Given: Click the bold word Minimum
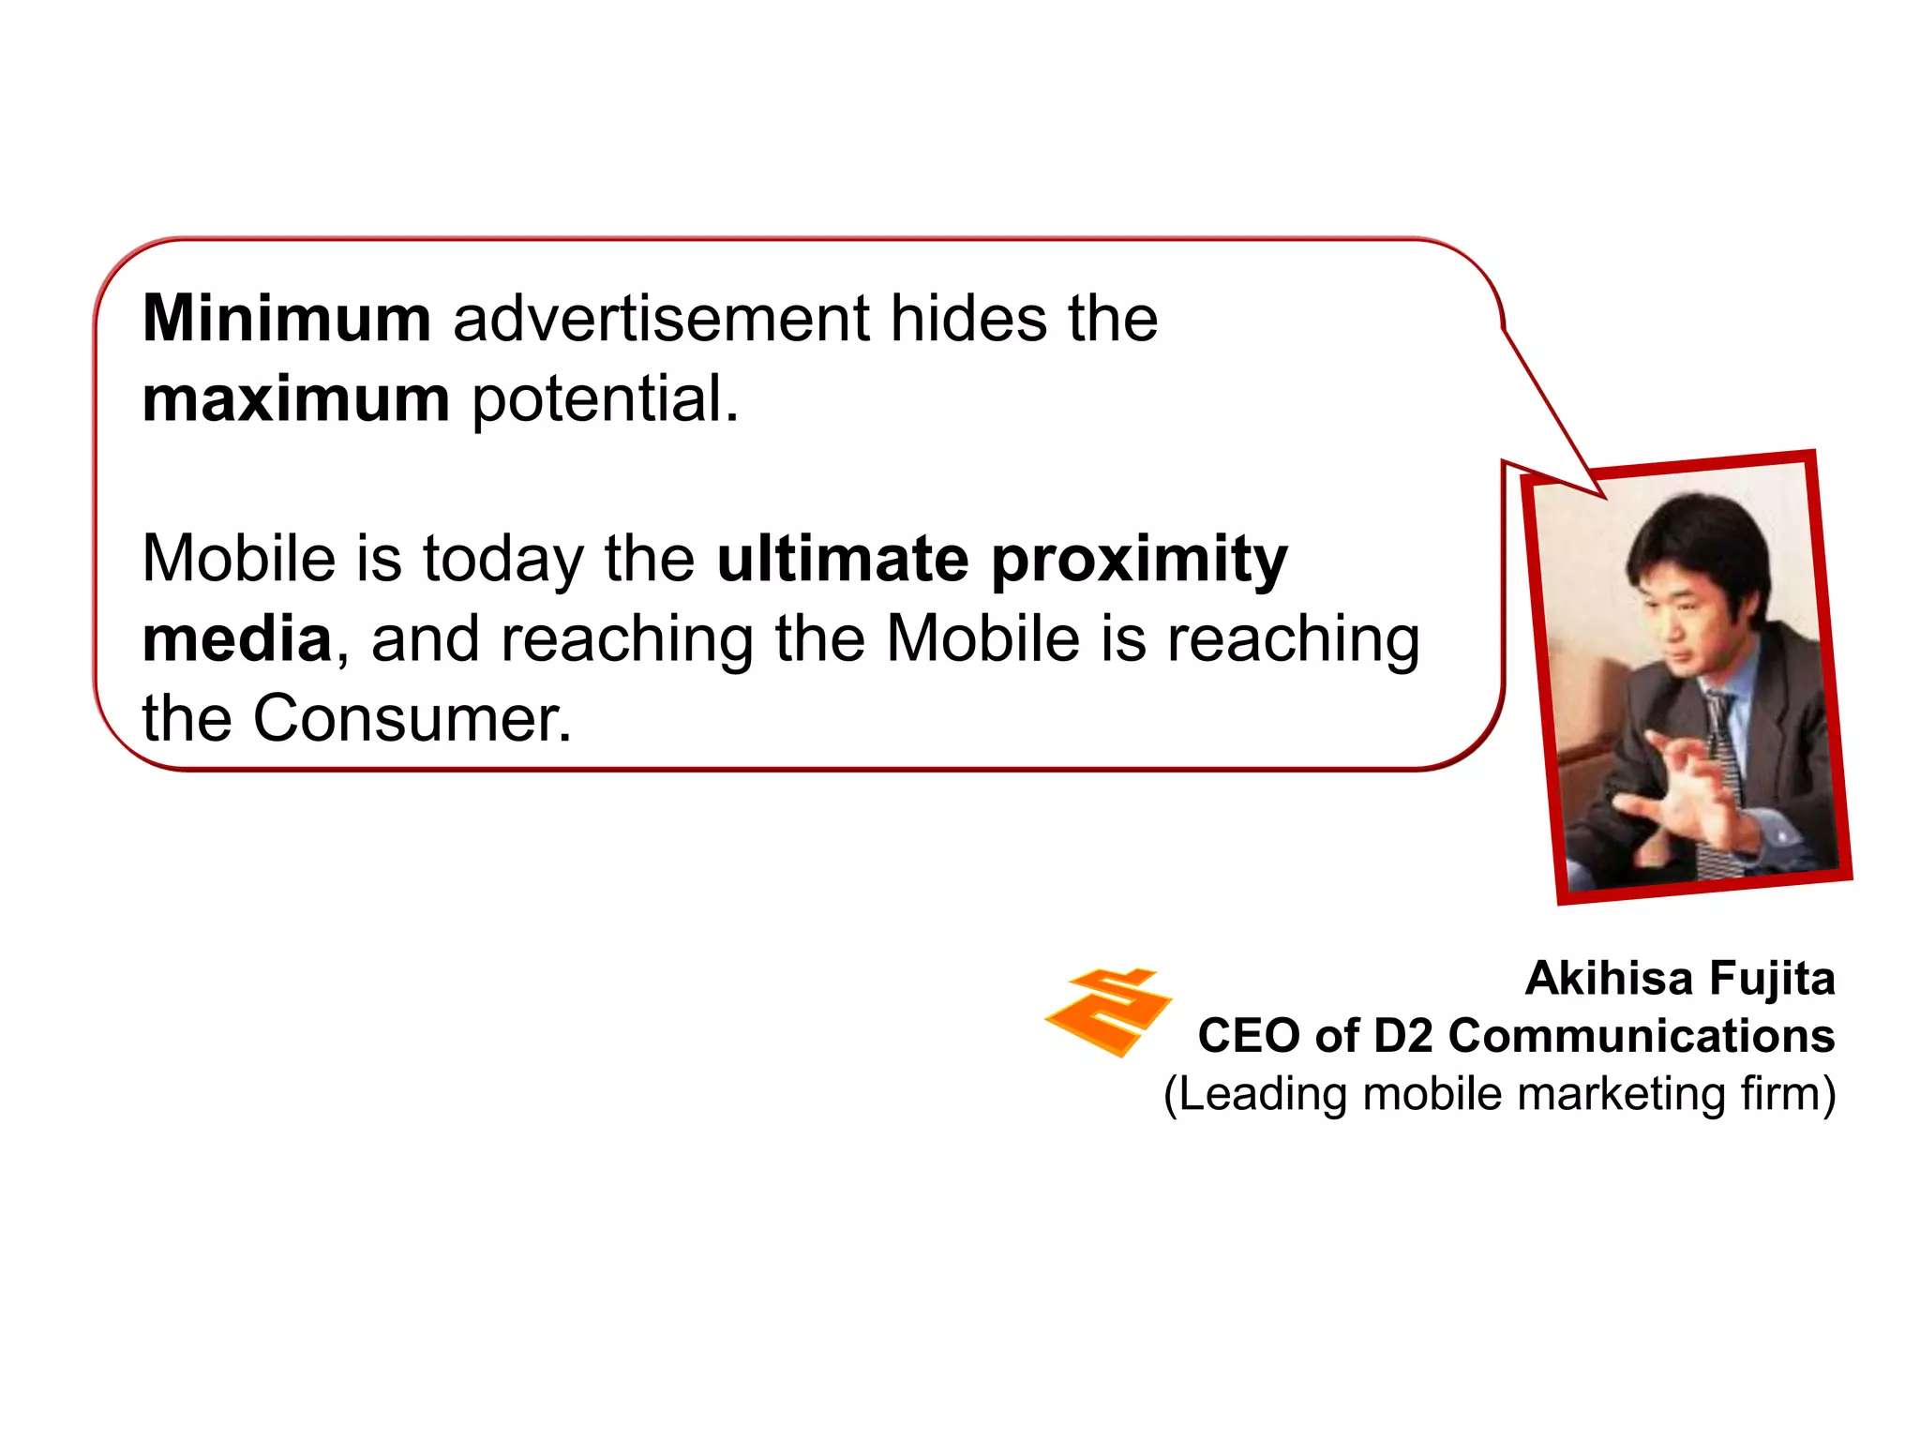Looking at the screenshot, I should (287, 319).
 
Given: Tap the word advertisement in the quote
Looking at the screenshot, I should (661, 319).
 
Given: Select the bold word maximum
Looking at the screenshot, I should (296, 399).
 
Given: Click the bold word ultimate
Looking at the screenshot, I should (843, 559).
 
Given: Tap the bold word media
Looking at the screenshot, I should (237, 639).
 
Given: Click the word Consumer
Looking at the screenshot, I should (412, 719).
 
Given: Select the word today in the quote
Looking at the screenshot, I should (503, 561).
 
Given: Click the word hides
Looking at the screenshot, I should (968, 319).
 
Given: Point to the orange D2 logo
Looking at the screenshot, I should (1107, 1012).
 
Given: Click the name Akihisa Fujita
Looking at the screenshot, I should (1679, 979).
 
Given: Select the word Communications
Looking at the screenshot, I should (1641, 1036).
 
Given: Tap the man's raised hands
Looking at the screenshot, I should (1678, 787).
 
